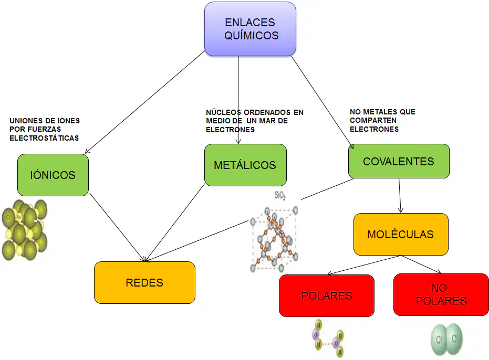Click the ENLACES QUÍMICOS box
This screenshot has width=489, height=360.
click(250, 29)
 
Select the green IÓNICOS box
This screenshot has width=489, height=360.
click(53, 175)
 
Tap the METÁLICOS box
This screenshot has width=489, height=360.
click(245, 165)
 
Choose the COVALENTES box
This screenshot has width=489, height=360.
click(399, 161)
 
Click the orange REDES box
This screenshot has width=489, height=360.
click(145, 282)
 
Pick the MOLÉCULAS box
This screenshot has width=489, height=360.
click(401, 234)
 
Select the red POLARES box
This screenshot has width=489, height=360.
click(327, 295)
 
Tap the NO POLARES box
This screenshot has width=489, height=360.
click(441, 294)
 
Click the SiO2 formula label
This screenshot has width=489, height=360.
click(280, 195)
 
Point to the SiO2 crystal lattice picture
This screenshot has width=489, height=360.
click(274, 238)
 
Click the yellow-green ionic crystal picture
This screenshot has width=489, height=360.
click(24, 230)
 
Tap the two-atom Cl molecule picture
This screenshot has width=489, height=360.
click(446, 340)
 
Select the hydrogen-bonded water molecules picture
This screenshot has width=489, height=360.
click(328, 337)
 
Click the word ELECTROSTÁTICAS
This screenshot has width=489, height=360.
click(44, 138)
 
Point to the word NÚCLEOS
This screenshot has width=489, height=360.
click(224, 112)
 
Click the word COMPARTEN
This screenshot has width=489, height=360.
click(373, 120)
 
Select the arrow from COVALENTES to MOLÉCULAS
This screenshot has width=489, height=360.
click(400, 196)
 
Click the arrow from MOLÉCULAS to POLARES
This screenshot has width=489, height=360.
click(363, 265)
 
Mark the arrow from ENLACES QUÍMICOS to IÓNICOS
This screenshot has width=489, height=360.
click(145, 102)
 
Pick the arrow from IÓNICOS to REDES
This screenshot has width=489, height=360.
click(117, 227)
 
